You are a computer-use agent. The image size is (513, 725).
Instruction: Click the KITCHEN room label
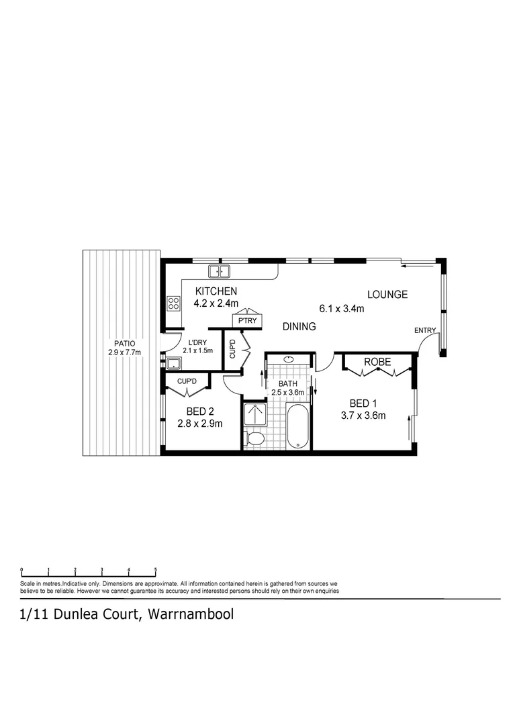(x=216, y=291)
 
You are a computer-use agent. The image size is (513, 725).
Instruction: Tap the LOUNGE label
(x=387, y=294)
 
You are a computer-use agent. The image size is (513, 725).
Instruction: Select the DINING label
(x=299, y=326)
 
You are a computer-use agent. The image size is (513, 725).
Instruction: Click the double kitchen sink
(x=219, y=271)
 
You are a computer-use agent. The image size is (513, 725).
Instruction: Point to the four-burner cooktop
(x=173, y=303)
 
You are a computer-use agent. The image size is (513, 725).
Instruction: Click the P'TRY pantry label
(x=248, y=322)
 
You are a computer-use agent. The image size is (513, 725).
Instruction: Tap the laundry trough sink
(x=174, y=363)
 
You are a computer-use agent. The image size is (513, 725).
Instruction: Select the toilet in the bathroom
(x=254, y=439)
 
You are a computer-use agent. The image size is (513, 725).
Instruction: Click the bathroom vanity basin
(x=289, y=359)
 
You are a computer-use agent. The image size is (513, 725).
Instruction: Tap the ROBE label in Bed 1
(x=377, y=362)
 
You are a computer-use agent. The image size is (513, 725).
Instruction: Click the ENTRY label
(x=424, y=330)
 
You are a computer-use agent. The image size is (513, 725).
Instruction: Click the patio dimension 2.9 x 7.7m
(x=124, y=352)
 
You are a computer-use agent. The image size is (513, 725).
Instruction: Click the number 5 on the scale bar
(x=155, y=569)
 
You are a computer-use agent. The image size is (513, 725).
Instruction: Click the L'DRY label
(x=197, y=342)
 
